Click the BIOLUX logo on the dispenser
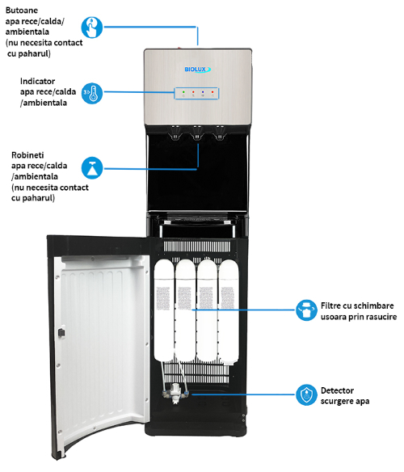197,70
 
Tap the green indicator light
183,91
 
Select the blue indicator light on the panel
203,91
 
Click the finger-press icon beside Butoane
92,27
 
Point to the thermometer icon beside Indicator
92,93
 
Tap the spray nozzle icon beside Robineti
92,167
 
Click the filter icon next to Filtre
306,310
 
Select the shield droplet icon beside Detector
306,394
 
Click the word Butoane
22,11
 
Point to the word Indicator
38,82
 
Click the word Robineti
27,155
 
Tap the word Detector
337,390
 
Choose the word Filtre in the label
330,306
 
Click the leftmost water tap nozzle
175,133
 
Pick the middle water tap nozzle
197,133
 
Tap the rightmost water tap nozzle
220,133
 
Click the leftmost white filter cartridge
164,310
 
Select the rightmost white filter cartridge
229,310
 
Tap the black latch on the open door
61,333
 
